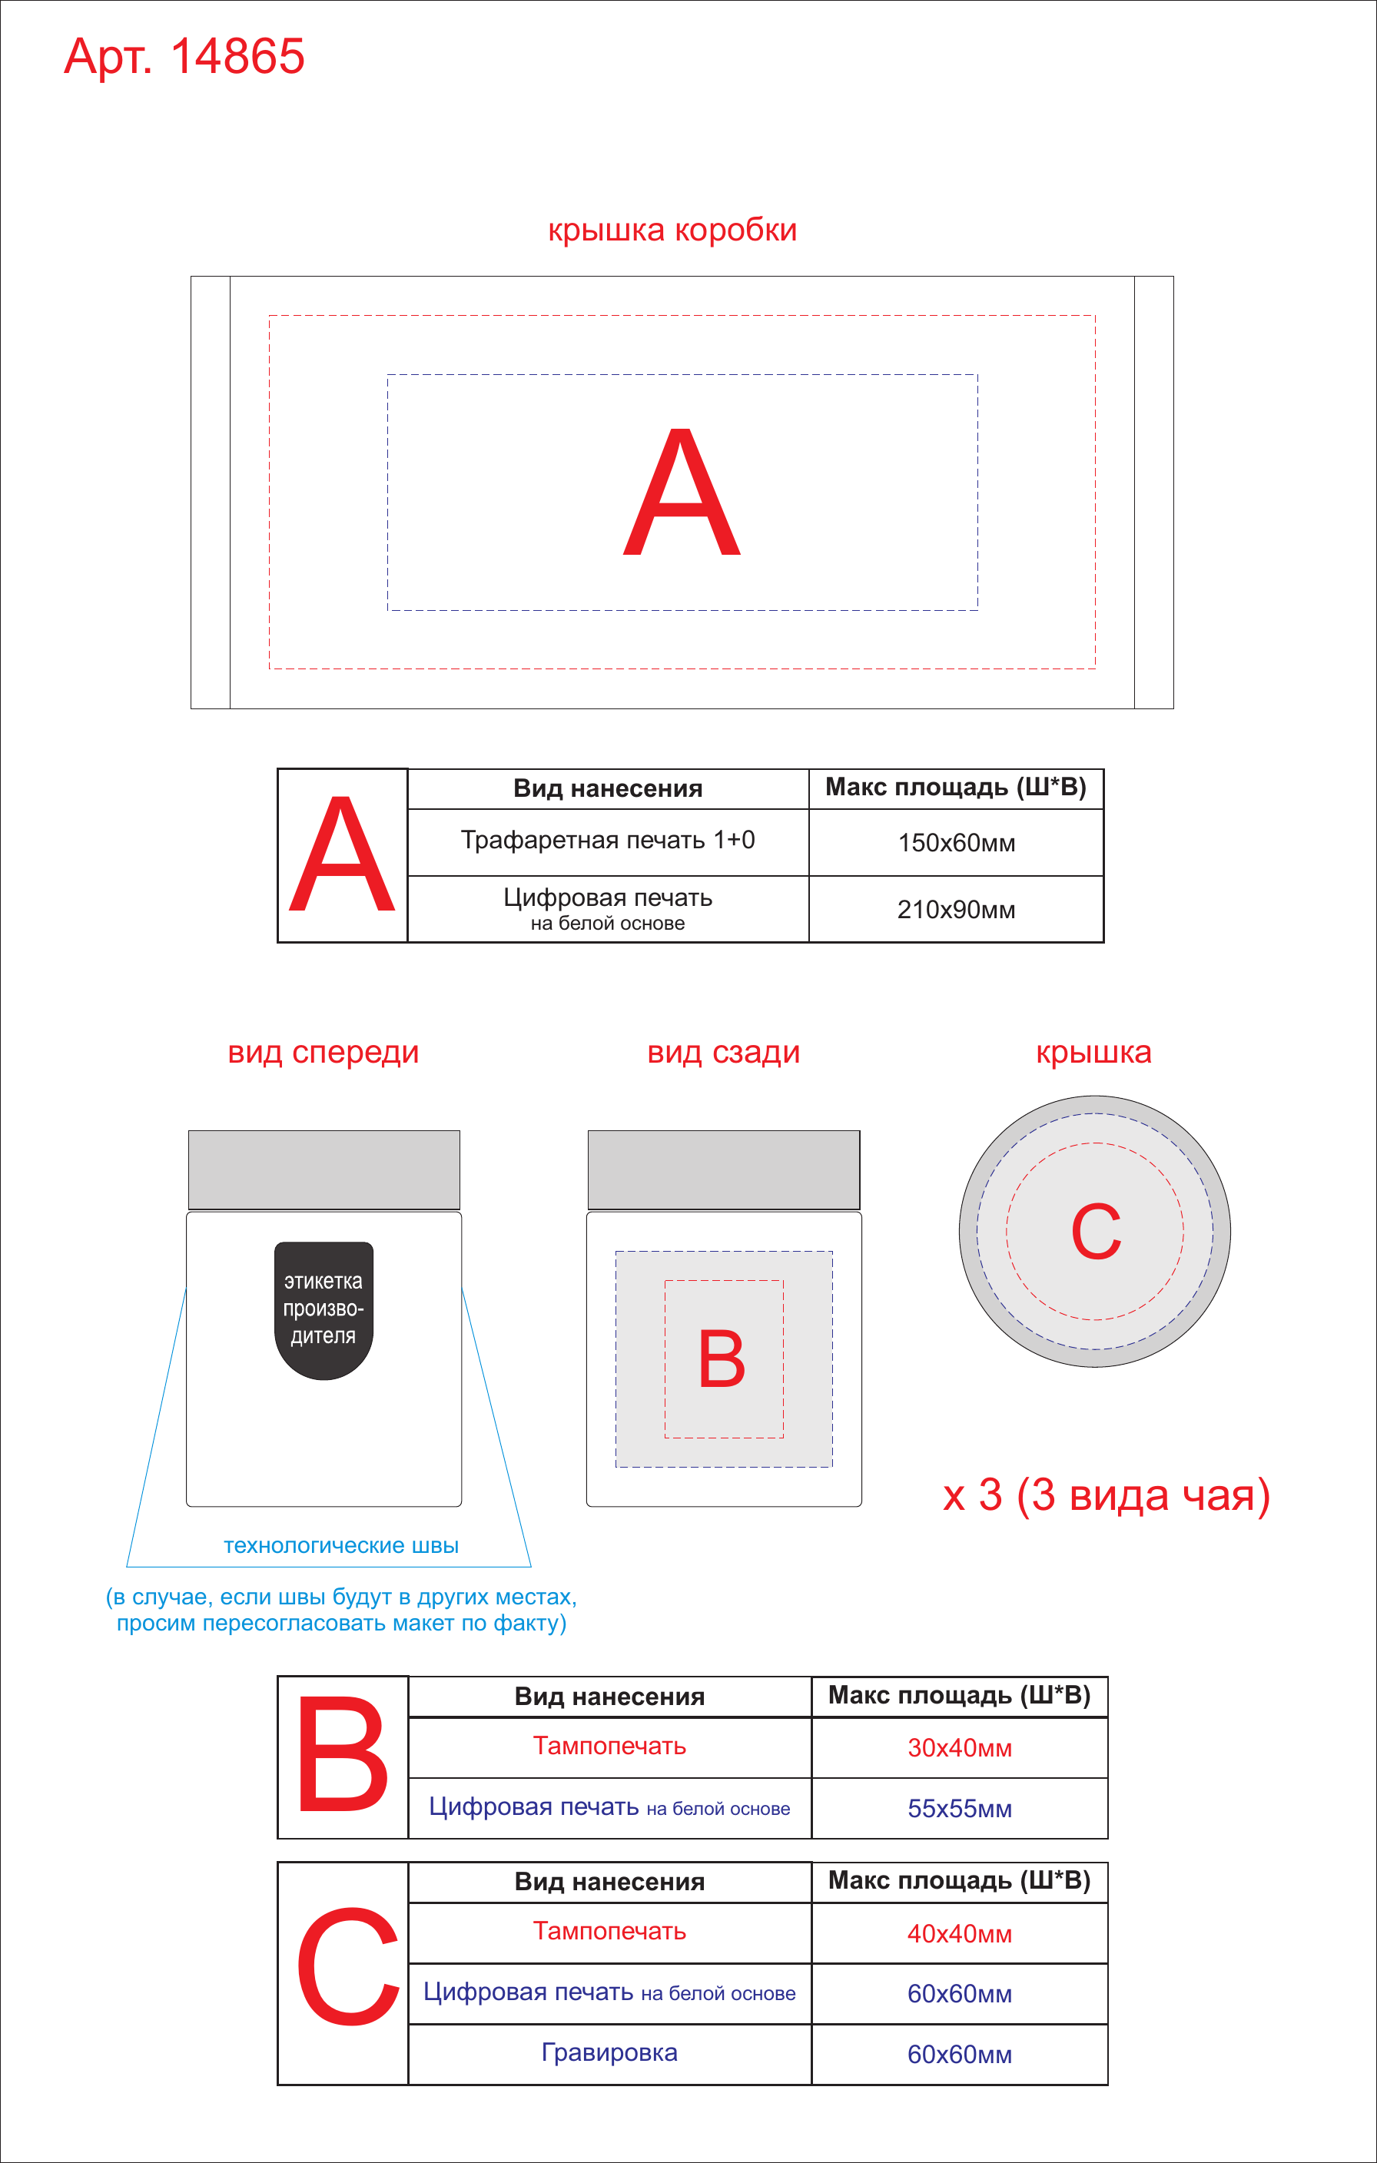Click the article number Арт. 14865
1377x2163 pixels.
pos(184,57)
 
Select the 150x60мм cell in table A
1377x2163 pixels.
pos(957,843)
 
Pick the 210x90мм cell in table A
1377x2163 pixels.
pos(957,909)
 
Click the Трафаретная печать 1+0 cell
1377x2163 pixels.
pos(608,840)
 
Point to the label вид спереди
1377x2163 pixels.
pos(324,1052)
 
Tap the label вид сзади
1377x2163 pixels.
pos(724,1052)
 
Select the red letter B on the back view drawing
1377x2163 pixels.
pos(722,1359)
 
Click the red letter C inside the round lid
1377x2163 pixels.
pos(1096,1232)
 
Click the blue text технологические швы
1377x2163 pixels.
pos(341,1545)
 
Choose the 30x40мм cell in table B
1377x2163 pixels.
pos(959,1747)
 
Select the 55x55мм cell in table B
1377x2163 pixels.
pos(959,1808)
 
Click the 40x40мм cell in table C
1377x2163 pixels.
pos(959,1933)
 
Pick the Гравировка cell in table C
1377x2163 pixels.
pos(609,2052)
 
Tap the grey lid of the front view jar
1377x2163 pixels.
pos(324,1169)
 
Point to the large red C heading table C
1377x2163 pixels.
pos(347,1966)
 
